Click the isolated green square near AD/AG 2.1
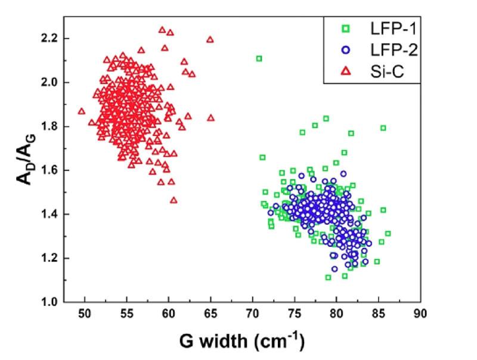(259, 58)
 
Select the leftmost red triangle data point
(82, 111)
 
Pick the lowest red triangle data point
(174, 200)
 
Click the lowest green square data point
(328, 277)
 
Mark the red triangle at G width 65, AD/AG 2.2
(210, 39)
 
